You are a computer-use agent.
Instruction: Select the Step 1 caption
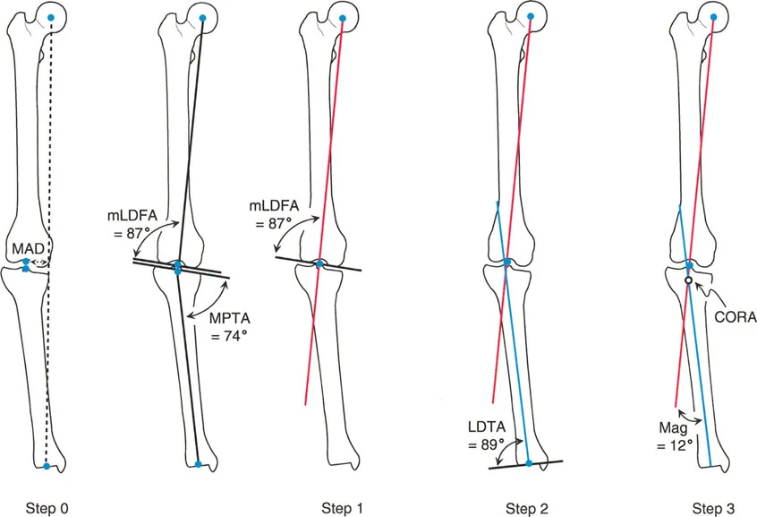pyautogui.click(x=343, y=509)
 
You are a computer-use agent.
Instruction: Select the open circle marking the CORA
pyautogui.click(x=688, y=281)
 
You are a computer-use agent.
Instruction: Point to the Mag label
pyautogui.click(x=666, y=426)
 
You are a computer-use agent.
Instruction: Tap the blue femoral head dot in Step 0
pyautogui.click(x=52, y=18)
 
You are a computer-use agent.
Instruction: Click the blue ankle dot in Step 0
pyautogui.click(x=47, y=466)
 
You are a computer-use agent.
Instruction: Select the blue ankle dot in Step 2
pyautogui.click(x=529, y=463)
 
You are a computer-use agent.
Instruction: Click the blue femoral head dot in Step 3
pyautogui.click(x=712, y=18)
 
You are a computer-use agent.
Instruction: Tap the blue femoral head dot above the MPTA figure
pyautogui.click(x=203, y=18)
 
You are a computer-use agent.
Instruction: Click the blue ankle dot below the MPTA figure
pyautogui.click(x=198, y=464)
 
